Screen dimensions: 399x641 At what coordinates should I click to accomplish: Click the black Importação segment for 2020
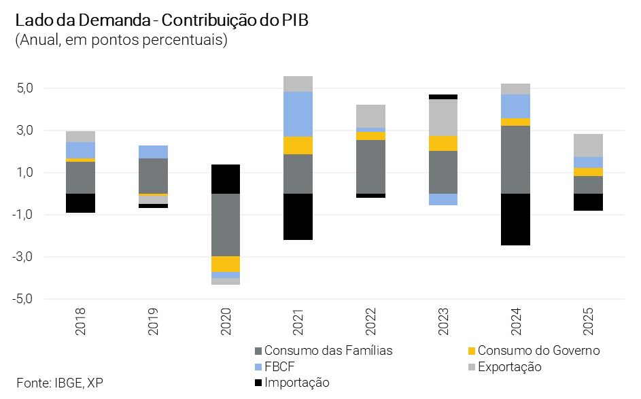(x=226, y=179)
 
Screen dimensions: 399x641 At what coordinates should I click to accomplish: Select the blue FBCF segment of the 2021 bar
(x=298, y=114)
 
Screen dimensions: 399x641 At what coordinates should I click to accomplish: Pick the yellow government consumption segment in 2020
(x=226, y=264)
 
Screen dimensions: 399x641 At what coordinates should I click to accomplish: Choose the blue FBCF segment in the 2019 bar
(x=154, y=152)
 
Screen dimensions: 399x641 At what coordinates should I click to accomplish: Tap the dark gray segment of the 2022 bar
(x=370, y=167)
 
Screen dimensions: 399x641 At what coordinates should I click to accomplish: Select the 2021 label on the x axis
(x=298, y=322)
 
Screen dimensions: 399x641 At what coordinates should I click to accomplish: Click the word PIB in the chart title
(x=294, y=20)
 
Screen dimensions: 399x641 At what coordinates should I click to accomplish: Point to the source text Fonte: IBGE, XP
(x=60, y=382)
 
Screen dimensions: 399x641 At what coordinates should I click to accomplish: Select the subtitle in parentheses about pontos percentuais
(x=121, y=40)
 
